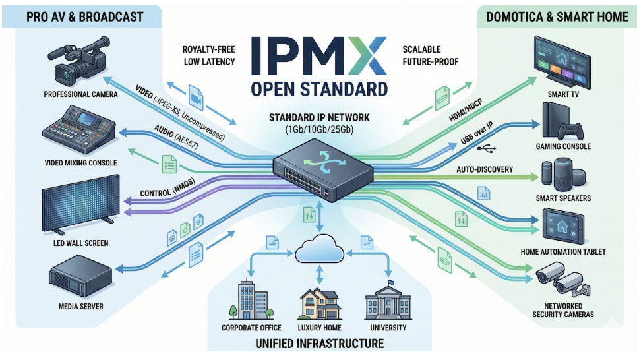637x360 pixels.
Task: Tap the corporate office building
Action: [x=247, y=299]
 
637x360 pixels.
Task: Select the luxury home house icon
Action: [x=320, y=303]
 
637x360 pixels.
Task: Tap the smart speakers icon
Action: [x=562, y=175]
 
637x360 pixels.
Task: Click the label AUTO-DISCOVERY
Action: [x=485, y=169]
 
